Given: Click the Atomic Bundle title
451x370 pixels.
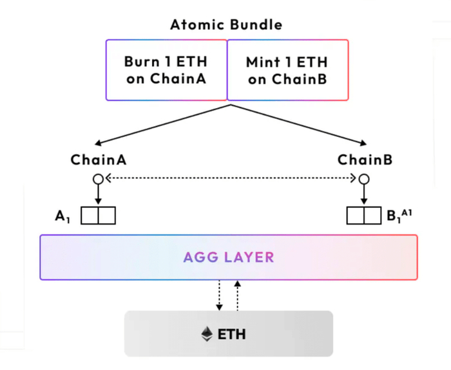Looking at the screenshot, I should pos(226,25).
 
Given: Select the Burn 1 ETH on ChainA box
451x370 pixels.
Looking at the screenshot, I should pos(166,70).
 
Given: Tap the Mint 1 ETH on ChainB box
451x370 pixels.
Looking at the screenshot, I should pos(287,70).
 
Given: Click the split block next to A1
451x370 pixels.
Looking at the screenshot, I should pos(98,216).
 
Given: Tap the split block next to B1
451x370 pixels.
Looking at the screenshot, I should pos(363,216).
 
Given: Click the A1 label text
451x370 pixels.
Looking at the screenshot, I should pos(62,216).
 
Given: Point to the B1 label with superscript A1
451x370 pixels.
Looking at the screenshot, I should pos(399,216).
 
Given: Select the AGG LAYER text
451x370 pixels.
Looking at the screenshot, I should pos(229,257).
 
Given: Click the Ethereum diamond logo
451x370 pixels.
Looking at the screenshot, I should pos(207,334).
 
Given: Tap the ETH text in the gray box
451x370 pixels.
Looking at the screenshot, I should pos(233,335).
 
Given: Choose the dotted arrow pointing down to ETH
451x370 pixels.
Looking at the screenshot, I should pos(220,295).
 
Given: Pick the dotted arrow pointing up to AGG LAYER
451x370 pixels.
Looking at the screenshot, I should pos(238,295).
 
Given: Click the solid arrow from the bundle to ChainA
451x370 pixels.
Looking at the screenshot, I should pos(161,124).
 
